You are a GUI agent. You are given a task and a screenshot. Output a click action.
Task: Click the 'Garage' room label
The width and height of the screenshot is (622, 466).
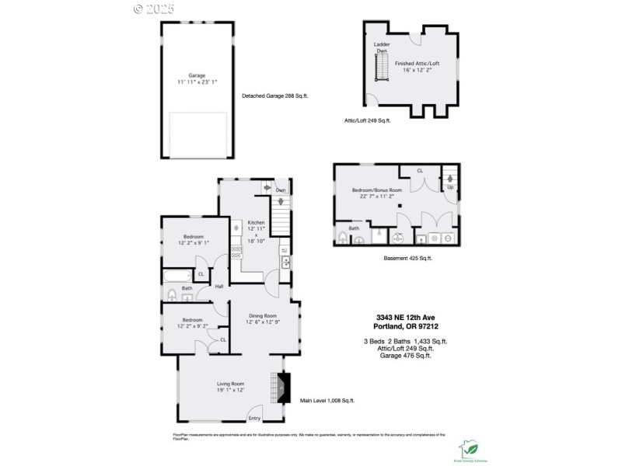click(196, 75)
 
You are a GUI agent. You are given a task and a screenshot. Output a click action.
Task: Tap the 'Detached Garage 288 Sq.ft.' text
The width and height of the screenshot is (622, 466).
click(275, 96)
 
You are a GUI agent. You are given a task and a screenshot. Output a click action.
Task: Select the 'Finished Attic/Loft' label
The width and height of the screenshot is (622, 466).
click(416, 63)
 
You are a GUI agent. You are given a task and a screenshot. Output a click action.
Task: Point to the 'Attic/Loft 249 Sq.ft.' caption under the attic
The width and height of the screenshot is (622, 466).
click(367, 120)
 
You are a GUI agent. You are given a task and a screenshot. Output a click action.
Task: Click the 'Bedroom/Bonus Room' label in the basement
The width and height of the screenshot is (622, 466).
click(376, 190)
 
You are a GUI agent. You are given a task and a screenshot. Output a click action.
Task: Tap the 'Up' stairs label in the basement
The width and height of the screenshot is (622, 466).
click(449, 188)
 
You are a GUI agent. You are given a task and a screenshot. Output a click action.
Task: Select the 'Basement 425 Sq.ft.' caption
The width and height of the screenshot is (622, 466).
click(407, 258)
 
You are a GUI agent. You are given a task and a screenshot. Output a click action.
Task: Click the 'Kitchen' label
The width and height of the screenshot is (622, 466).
click(256, 223)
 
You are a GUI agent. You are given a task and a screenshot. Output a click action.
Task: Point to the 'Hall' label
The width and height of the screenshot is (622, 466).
click(219, 287)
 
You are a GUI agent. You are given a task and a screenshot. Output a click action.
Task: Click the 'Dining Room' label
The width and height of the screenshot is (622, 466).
click(262, 315)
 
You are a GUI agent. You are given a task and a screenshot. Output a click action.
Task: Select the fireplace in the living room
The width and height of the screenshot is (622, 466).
click(282, 386)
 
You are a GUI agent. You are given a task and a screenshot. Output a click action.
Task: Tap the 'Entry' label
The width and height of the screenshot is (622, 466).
click(254, 419)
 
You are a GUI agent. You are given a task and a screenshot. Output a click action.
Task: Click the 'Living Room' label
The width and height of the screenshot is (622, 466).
click(230, 384)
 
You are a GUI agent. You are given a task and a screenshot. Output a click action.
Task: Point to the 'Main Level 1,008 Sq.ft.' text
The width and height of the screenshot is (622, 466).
click(327, 401)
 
